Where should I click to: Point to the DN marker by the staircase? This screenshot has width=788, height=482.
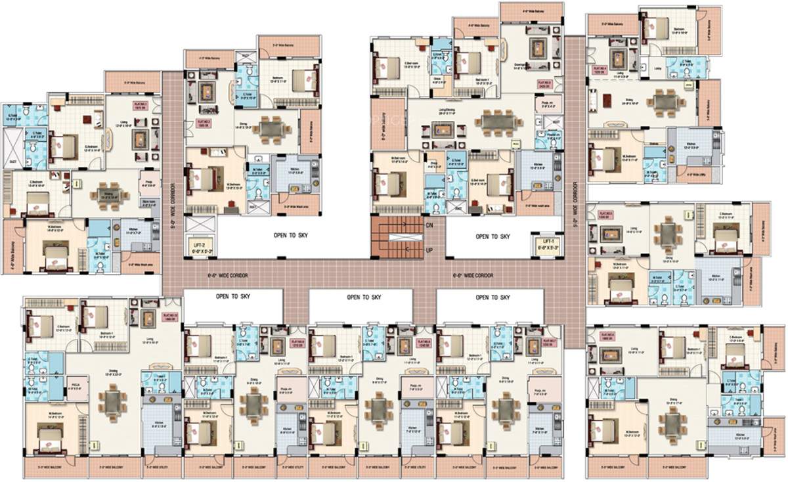[429, 225]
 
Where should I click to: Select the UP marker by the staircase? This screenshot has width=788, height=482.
[429, 250]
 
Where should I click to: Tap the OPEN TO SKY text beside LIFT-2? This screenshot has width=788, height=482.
[290, 235]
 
